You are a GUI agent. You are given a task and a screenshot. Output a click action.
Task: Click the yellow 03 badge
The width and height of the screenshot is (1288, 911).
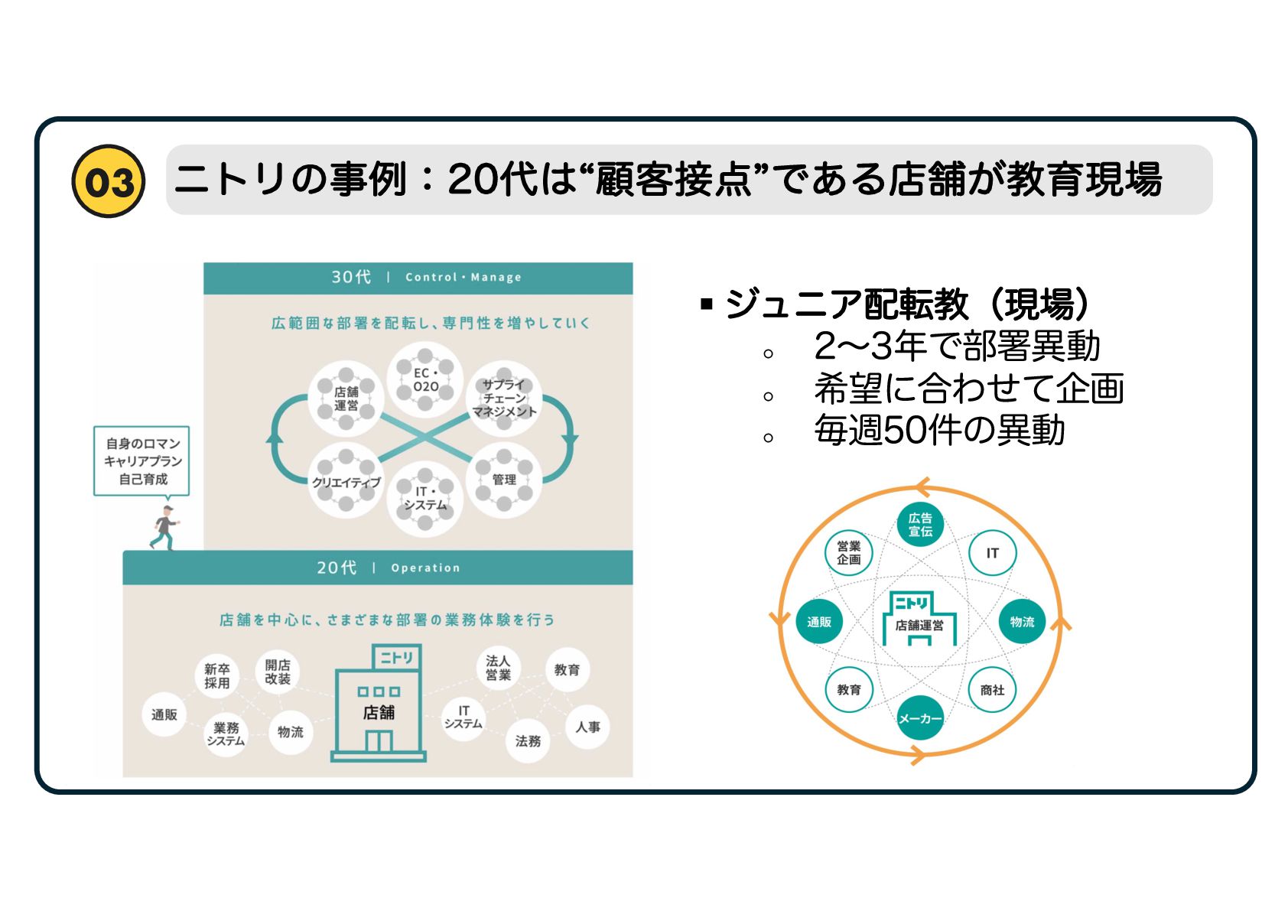[x=109, y=181]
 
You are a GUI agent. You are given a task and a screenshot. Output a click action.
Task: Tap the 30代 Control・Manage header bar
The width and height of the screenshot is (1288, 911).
[x=418, y=278]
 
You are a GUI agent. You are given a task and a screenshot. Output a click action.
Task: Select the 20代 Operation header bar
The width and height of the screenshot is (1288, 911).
[x=378, y=568]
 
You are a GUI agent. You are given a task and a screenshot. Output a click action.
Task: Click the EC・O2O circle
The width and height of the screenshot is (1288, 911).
[x=425, y=380]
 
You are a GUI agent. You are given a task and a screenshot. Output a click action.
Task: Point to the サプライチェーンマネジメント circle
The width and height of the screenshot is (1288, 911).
[x=504, y=399]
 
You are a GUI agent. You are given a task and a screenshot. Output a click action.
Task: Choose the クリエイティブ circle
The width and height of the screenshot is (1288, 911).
[x=346, y=482]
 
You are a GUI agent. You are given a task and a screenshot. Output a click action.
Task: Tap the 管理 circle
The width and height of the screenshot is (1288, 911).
[x=504, y=480]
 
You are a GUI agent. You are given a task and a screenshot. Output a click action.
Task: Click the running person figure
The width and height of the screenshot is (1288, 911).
[x=164, y=527]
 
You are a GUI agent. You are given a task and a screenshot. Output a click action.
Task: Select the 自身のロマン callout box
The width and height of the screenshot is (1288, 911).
[x=142, y=461]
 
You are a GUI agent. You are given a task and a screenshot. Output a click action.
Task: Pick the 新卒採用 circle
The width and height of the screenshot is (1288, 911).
[x=216, y=675]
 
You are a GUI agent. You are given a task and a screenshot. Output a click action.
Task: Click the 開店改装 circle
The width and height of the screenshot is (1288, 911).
[x=278, y=672]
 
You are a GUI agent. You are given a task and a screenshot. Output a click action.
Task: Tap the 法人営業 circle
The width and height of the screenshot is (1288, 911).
[x=498, y=668]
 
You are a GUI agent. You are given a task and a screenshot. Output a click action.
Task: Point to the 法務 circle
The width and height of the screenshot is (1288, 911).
[x=528, y=740]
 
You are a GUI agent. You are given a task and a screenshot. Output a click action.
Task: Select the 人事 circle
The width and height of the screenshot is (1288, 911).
[x=587, y=727]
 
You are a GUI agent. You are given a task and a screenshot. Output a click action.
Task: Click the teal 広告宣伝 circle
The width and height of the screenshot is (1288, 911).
[x=920, y=525]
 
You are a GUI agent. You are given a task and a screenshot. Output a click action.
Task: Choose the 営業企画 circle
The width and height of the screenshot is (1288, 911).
[x=849, y=552]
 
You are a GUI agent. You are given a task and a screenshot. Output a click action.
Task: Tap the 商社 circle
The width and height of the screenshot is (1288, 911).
[x=992, y=690]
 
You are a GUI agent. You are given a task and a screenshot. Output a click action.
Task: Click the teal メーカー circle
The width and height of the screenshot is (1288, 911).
[x=919, y=718]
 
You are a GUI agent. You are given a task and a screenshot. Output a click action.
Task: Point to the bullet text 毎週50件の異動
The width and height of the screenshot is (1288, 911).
[x=939, y=430]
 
